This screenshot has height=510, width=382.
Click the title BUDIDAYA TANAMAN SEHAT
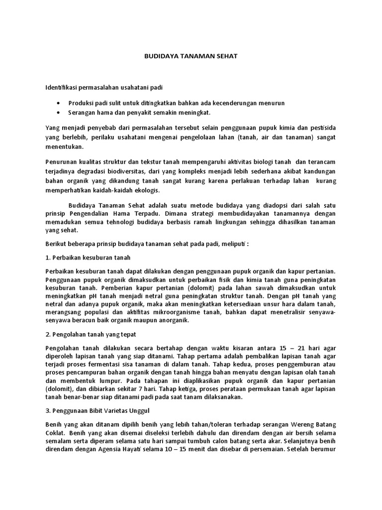(191, 56)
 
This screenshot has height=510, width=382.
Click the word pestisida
(322, 128)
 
